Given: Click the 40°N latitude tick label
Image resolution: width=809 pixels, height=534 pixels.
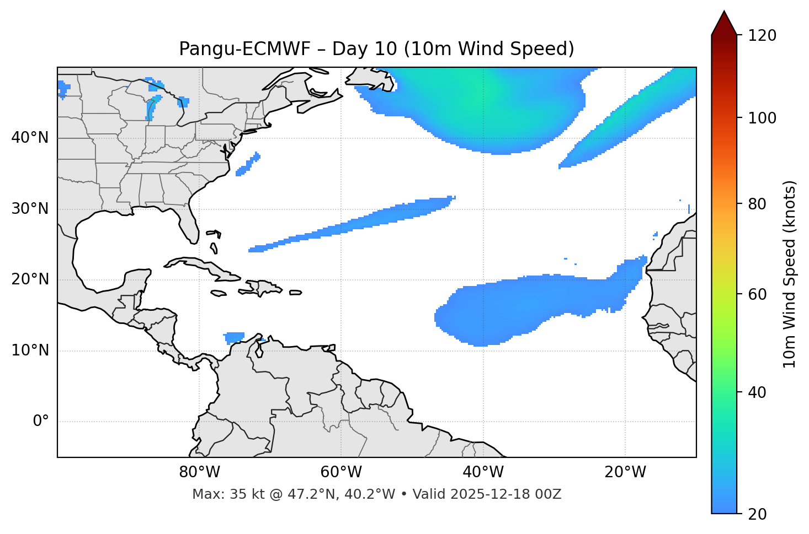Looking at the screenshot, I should point(30,138).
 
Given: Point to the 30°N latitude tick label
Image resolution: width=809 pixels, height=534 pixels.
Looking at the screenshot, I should point(30,209).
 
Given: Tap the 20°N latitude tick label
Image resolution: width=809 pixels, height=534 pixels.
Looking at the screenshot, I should point(30,279).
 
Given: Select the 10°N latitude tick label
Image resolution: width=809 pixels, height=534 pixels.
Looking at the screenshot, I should point(30,350).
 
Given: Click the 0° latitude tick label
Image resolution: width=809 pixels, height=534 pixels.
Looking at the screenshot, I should point(41,422).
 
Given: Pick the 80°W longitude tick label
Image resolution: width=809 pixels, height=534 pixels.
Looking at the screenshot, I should point(199,472).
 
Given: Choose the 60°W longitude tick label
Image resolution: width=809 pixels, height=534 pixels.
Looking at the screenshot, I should point(341,472).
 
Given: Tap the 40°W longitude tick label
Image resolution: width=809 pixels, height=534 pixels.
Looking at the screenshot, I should point(483,472).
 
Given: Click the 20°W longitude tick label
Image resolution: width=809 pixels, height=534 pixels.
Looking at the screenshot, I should point(625,472).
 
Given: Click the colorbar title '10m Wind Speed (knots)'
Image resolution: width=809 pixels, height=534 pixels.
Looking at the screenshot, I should point(790,274).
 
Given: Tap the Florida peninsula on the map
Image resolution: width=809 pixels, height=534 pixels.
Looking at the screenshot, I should point(189,223).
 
